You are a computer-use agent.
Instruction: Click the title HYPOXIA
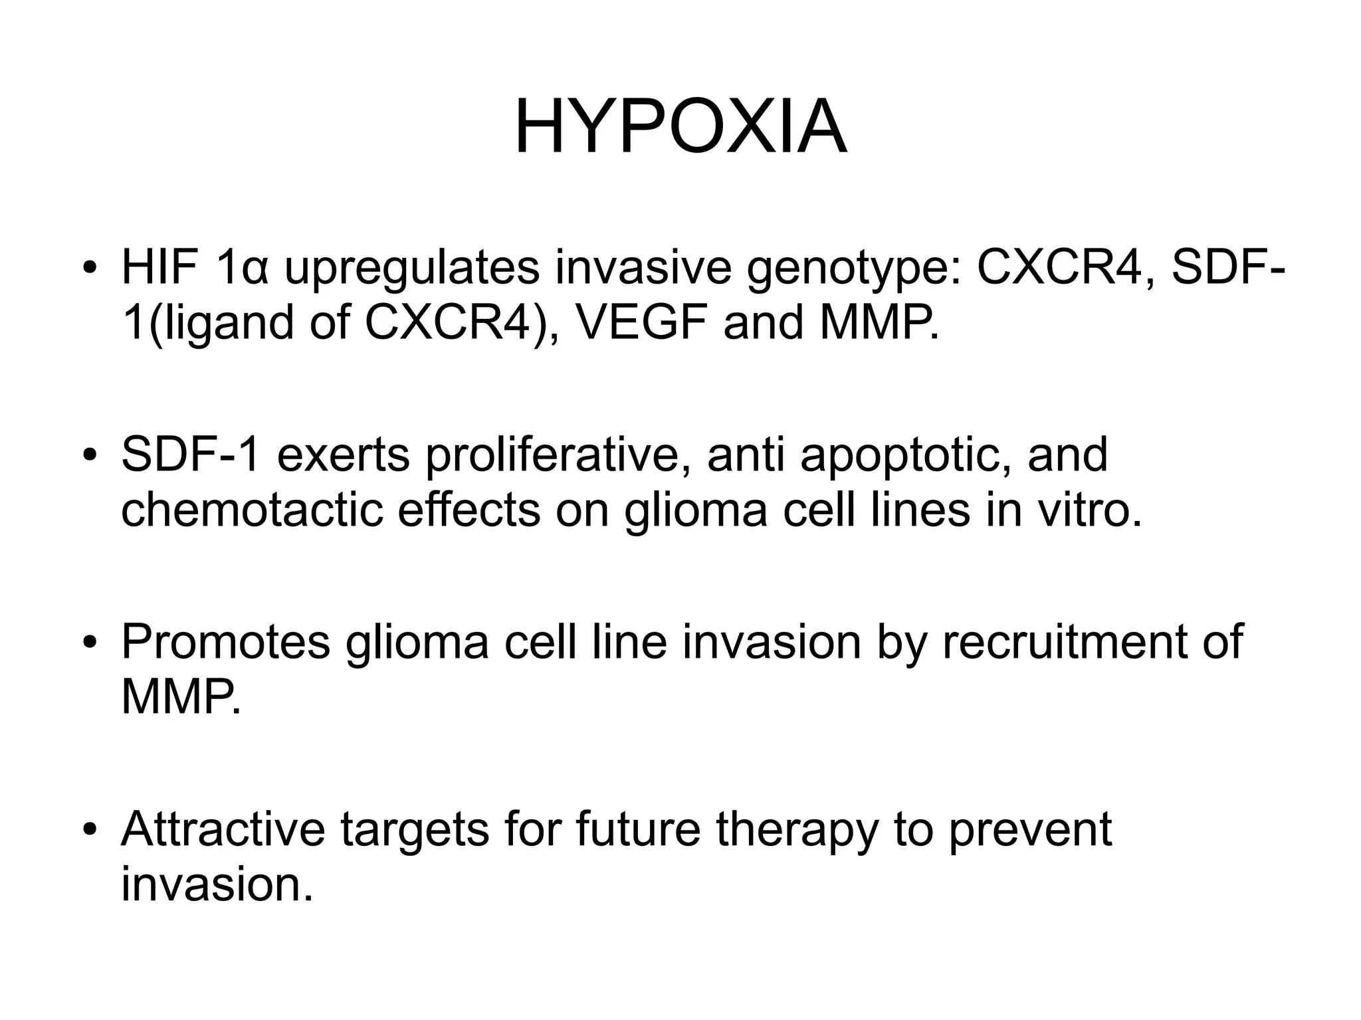pos(680,126)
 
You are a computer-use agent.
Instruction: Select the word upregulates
pos(411,269)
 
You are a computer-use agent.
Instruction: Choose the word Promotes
pos(226,643)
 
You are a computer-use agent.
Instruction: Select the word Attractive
pos(223,831)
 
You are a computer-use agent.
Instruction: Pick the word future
pos(638,831)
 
